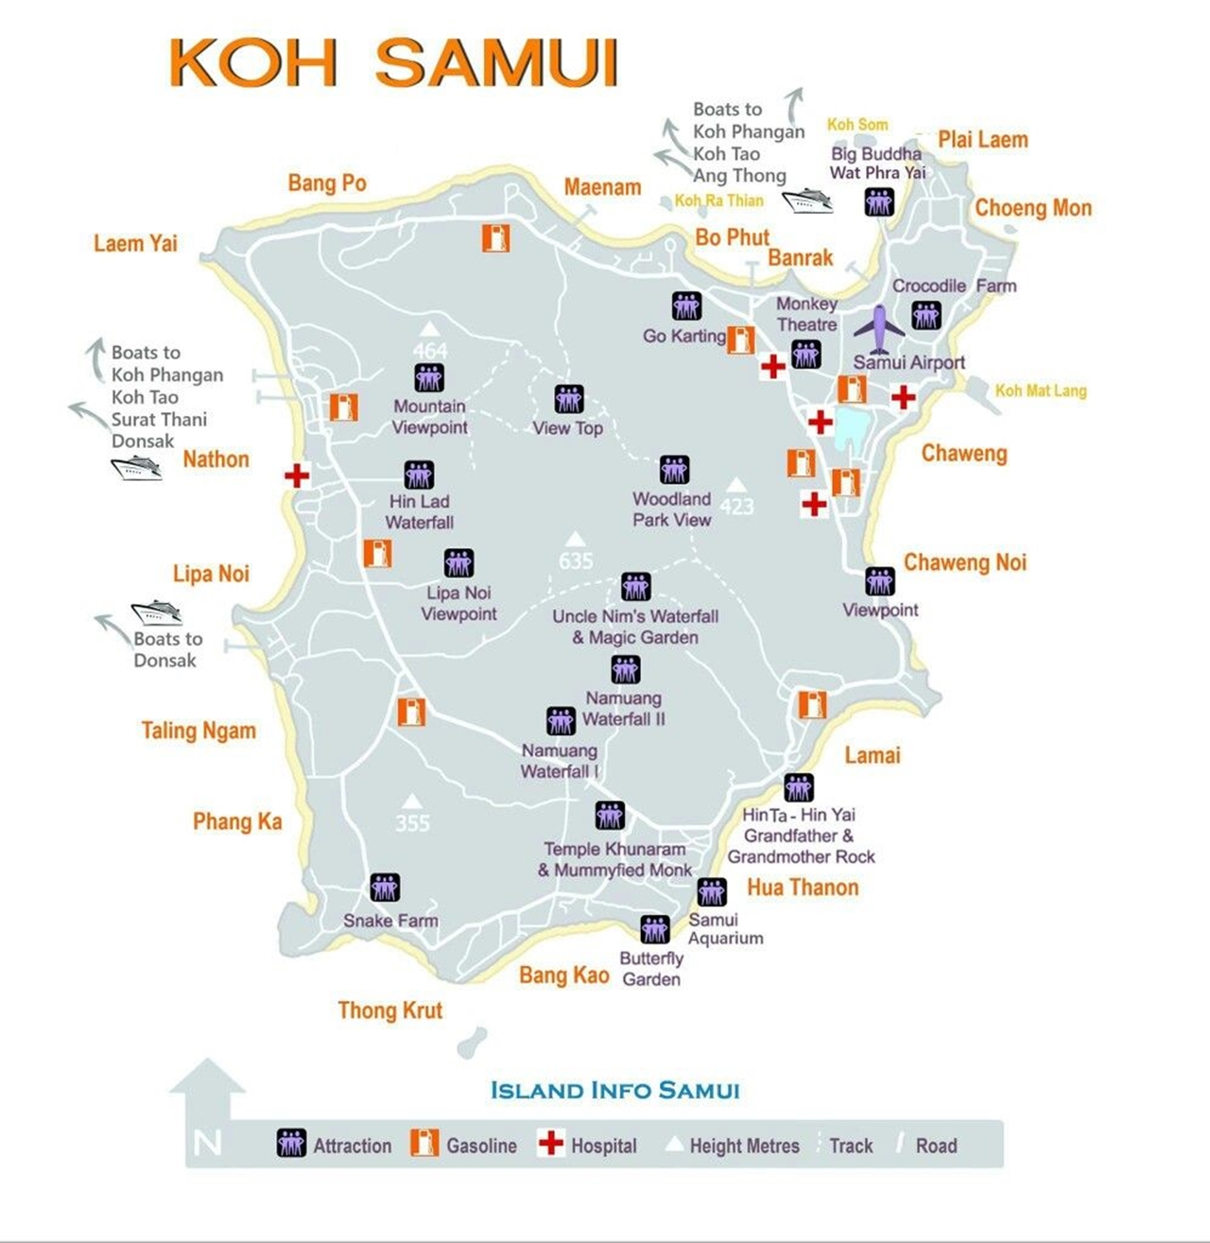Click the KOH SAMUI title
click(x=393, y=63)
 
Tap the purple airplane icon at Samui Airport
click(x=879, y=328)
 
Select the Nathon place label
click(x=216, y=459)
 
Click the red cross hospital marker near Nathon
click(x=297, y=475)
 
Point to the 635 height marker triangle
click(x=574, y=539)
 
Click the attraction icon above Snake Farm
click(x=385, y=888)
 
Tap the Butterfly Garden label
click(x=651, y=969)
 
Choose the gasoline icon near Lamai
click(x=812, y=704)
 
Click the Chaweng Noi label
click(x=964, y=562)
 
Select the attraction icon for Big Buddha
click(x=879, y=201)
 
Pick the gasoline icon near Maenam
click(x=496, y=237)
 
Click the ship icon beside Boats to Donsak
click(x=156, y=613)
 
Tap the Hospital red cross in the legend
click(x=550, y=1143)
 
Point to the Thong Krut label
click(x=389, y=1010)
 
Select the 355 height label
click(x=412, y=823)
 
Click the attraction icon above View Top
click(x=569, y=399)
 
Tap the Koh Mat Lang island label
click(x=1041, y=390)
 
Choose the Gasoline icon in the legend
click(x=424, y=1143)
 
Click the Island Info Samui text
click(x=614, y=1090)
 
